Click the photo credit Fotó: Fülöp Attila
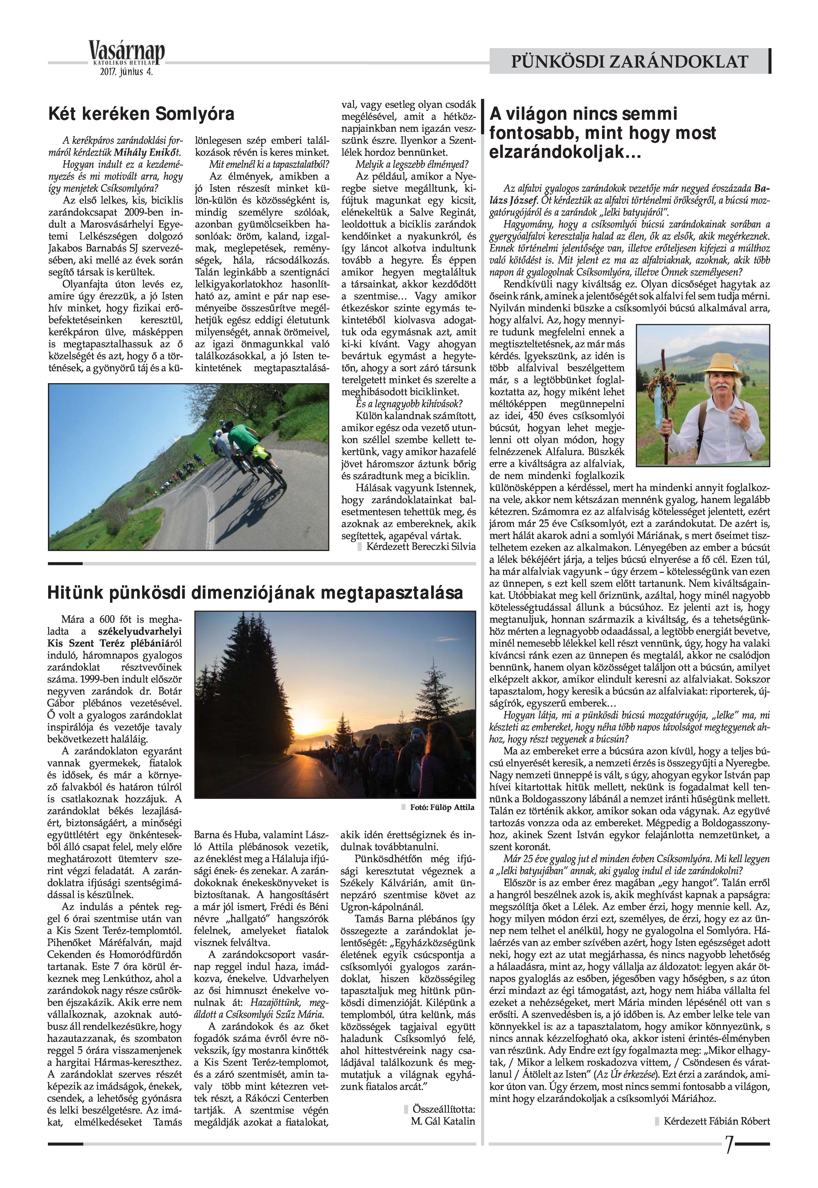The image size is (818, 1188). coord(442,807)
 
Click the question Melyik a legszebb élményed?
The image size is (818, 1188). coord(409,165)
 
